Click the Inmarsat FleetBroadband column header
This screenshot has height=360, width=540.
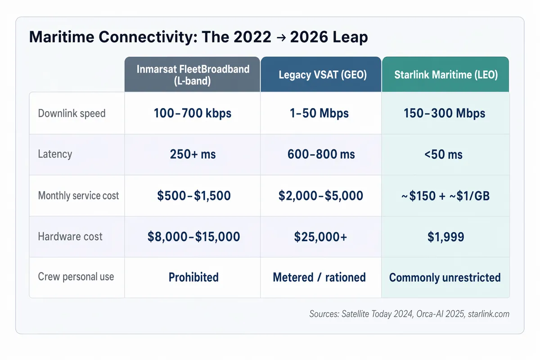click(192, 75)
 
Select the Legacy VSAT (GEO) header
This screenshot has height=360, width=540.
click(321, 75)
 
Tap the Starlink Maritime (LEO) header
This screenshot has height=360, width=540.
click(445, 75)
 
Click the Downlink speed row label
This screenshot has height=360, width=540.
click(72, 113)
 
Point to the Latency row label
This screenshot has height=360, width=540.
click(55, 154)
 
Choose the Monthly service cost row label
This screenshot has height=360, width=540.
click(78, 195)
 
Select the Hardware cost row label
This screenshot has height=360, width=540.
click(70, 236)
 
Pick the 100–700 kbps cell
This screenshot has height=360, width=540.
click(192, 113)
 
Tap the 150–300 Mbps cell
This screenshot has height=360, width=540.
click(445, 113)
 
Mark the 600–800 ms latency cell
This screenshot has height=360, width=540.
click(321, 154)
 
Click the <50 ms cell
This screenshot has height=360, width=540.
click(445, 154)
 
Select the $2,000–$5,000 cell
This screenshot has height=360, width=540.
click(321, 195)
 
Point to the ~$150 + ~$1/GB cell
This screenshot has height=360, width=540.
click(445, 195)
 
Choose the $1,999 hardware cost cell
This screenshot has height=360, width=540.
click(445, 237)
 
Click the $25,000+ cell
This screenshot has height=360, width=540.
click(321, 237)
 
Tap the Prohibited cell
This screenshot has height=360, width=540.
click(193, 277)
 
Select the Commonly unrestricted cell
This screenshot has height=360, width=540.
click(445, 277)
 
